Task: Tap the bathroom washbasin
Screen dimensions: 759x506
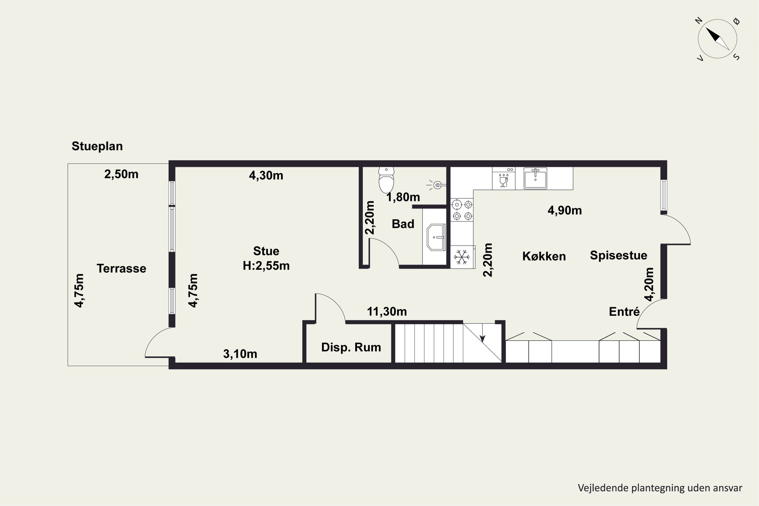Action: click(436, 237)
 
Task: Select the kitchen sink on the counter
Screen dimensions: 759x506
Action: click(535, 178)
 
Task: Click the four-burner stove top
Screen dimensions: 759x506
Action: click(462, 210)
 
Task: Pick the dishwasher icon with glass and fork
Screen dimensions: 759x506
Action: click(503, 178)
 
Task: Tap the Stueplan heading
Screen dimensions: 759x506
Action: click(97, 146)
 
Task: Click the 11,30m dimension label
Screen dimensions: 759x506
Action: click(387, 311)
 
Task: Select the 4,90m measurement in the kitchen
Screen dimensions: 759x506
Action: click(565, 210)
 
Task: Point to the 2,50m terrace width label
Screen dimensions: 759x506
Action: click(121, 174)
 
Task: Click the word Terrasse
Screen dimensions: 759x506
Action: click(121, 268)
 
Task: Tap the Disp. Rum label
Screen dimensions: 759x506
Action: click(351, 347)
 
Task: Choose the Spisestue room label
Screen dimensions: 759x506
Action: click(619, 255)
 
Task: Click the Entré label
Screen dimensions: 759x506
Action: click(624, 311)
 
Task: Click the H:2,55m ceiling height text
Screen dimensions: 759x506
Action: click(266, 266)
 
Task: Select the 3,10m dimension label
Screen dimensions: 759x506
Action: click(240, 354)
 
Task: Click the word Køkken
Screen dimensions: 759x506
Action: click(544, 256)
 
